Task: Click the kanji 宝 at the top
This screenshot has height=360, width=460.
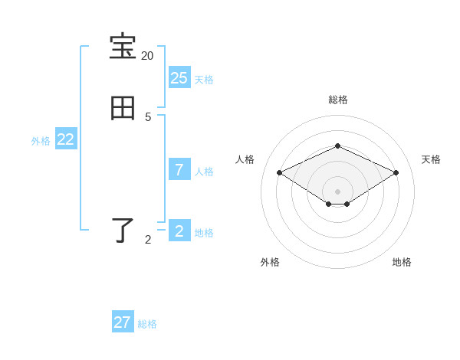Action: tap(123, 47)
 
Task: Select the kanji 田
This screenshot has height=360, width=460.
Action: tap(123, 109)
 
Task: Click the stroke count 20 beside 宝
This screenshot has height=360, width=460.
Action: tap(147, 56)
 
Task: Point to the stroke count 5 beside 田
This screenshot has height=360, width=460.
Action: tap(148, 117)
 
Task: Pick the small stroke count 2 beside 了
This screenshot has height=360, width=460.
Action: tap(148, 240)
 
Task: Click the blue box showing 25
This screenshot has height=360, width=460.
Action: tap(179, 77)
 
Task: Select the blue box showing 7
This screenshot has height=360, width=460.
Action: tap(179, 169)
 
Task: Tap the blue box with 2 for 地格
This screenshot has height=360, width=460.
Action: tap(179, 231)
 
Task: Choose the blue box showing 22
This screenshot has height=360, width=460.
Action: tap(66, 139)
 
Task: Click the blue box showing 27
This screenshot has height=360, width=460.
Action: tap(123, 322)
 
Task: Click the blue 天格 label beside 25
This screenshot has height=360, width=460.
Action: tap(204, 79)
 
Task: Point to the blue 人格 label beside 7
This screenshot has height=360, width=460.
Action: tap(204, 171)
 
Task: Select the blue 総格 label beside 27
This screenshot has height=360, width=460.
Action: tap(147, 324)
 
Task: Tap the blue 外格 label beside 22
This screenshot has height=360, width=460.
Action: tap(41, 141)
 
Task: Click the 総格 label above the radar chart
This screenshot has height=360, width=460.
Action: tap(337, 100)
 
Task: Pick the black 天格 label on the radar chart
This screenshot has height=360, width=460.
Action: tap(431, 159)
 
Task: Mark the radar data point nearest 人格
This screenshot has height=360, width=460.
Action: tap(280, 173)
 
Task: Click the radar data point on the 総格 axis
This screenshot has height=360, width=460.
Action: tap(337, 146)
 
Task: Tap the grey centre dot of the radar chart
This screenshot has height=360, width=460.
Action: tap(337, 191)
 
